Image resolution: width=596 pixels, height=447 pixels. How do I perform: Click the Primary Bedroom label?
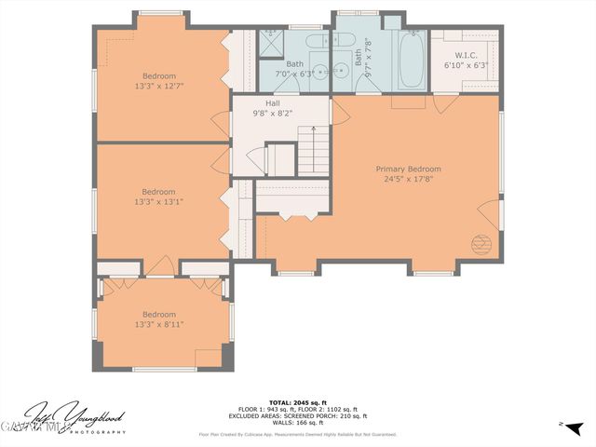point(408,169)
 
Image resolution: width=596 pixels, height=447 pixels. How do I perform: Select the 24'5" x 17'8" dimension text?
point(408,180)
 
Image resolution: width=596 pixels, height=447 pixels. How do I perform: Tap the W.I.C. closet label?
point(466,56)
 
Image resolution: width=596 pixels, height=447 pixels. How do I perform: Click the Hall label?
point(272,103)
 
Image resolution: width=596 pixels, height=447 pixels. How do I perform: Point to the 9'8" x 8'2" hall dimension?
point(272,114)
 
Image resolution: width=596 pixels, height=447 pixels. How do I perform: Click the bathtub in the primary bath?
point(411,61)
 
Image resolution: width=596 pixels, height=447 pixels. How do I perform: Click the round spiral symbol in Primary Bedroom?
point(481,245)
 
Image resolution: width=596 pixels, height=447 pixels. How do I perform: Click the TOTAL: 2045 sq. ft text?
point(298,402)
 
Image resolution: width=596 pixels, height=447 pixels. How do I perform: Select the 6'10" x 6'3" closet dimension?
point(466,66)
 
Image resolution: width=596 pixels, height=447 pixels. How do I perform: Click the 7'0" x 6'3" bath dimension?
point(294,74)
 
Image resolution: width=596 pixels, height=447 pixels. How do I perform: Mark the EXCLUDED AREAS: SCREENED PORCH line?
point(298,415)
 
